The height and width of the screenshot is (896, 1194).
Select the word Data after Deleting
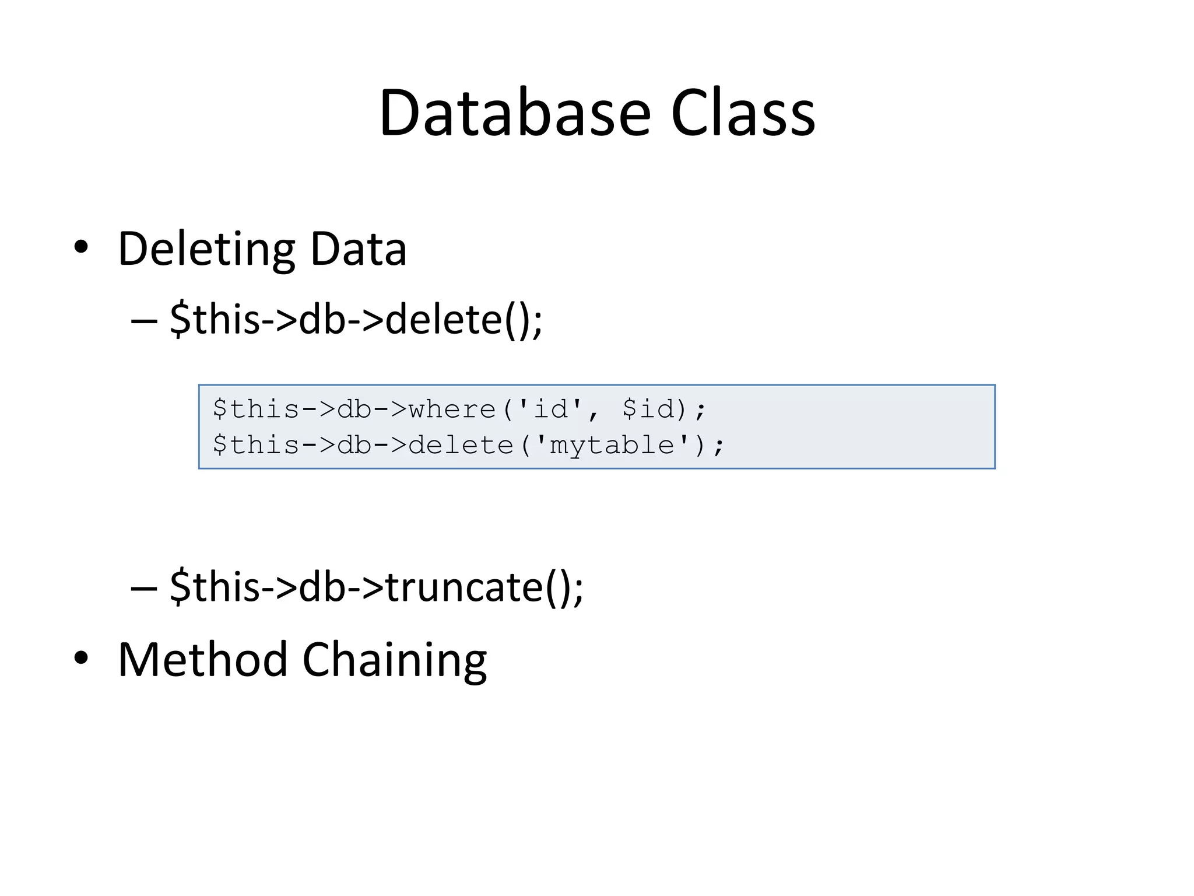pyautogui.click(x=358, y=249)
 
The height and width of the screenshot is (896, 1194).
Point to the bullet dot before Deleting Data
pyautogui.click(x=81, y=247)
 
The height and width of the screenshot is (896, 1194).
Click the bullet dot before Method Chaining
pyautogui.click(x=81, y=658)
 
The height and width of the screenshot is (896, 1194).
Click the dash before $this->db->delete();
pyautogui.click(x=144, y=320)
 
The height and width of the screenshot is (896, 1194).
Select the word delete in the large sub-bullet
pyautogui.click(x=444, y=320)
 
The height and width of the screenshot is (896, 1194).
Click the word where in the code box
pyautogui.click(x=452, y=409)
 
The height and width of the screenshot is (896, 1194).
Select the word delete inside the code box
pyautogui.click(x=461, y=446)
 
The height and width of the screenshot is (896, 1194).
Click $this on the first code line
pyautogui.click(x=257, y=409)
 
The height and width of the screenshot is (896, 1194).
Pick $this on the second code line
pyautogui.click(x=257, y=446)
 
